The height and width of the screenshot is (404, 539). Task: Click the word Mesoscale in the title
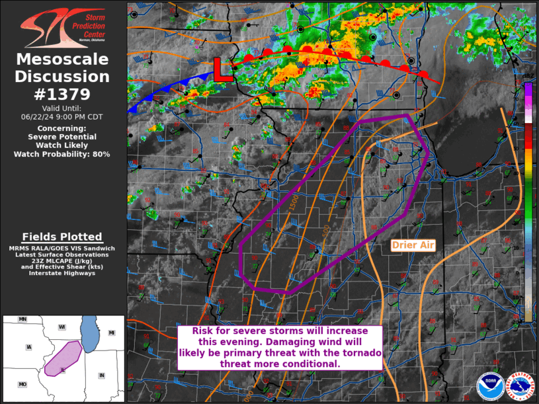pos(62,60)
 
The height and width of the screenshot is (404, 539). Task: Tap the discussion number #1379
pos(62,94)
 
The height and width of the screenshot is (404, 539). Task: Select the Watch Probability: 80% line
pos(62,154)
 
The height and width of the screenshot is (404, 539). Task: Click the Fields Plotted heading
pos(62,237)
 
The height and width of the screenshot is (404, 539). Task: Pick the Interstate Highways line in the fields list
pos(62,273)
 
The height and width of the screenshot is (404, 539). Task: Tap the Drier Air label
pos(413,245)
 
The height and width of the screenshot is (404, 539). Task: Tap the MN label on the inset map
pos(22,319)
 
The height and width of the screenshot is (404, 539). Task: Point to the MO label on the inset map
pos(22,384)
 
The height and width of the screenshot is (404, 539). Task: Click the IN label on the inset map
pos(101,376)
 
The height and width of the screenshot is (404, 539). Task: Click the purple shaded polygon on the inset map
pos(62,357)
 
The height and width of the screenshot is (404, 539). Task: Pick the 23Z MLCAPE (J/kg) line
pos(62,261)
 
